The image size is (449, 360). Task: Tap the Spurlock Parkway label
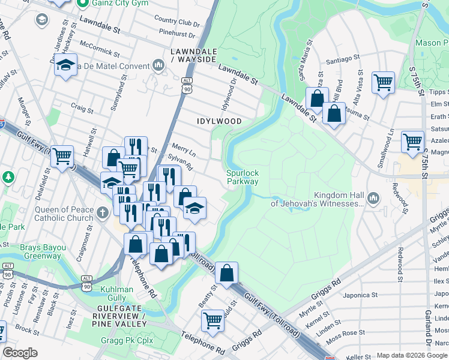(243, 177)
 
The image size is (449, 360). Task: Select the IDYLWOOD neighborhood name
(219, 121)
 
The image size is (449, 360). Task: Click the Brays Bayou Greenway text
(43, 251)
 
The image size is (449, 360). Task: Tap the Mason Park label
(432, 43)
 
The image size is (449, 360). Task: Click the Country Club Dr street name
(176, 22)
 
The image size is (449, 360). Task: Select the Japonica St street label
(360, 295)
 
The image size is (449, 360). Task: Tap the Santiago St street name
(343, 61)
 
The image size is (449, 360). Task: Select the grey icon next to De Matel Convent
(158, 65)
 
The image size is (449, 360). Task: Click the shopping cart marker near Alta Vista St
(383, 82)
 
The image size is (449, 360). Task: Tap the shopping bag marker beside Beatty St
(227, 273)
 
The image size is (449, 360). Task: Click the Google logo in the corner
(20, 353)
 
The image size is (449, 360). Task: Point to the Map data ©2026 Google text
(412, 355)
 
